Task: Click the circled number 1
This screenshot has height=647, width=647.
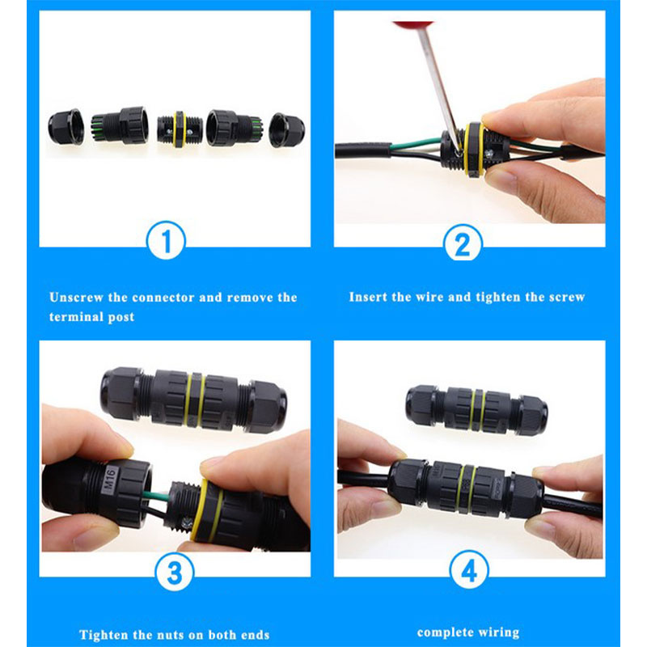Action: (166, 240)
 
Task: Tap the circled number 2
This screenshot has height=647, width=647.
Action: (463, 243)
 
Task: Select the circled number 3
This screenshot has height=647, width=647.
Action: (174, 572)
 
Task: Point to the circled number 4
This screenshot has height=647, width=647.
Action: (469, 570)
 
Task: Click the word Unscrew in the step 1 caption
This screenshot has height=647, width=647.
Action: (76, 297)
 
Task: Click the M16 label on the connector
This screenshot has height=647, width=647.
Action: (109, 478)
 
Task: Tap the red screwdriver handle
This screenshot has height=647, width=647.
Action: (413, 26)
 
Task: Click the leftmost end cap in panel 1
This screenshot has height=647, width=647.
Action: (66, 127)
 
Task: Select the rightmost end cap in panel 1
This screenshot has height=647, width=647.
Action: (287, 129)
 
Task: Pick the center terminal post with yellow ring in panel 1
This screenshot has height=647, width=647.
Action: (180, 129)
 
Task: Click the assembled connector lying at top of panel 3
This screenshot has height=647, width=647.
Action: (193, 400)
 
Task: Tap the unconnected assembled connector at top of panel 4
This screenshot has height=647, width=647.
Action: (476, 410)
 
